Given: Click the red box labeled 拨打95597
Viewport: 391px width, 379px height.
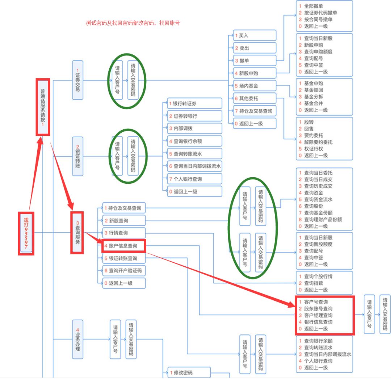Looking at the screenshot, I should pyautogui.click(x=26, y=233).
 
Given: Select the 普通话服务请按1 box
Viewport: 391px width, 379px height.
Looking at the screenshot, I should pyautogui.click(x=43, y=107).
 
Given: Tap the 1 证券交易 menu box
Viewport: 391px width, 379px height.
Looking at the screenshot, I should pyautogui.click(x=77, y=80).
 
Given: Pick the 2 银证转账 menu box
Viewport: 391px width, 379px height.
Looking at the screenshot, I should pyautogui.click(x=77, y=157).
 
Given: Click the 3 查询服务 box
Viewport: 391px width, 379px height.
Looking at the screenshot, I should pyautogui.click(x=77, y=232).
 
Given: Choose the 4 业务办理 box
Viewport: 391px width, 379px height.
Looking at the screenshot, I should pyautogui.click(x=77, y=339).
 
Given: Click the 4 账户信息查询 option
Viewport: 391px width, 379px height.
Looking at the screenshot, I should pyautogui.click(x=124, y=246).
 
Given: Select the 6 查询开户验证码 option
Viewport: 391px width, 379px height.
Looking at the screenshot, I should pyautogui.click(x=124, y=271).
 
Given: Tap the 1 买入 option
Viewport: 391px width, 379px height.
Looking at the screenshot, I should pyautogui.click(x=255, y=36).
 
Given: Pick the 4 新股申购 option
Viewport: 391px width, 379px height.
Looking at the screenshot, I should pyautogui.click(x=255, y=73).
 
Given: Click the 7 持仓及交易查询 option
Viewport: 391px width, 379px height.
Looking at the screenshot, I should pyautogui.click(x=255, y=111).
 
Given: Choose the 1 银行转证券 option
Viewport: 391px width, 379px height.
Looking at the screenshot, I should pyautogui.click(x=195, y=104).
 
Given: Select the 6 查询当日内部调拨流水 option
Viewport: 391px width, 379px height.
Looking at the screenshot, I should pyautogui.click(x=195, y=166).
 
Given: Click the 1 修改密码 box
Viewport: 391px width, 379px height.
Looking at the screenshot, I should pyautogui.click(x=189, y=372).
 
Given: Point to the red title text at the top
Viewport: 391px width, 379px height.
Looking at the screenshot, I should pyautogui.click(x=133, y=23).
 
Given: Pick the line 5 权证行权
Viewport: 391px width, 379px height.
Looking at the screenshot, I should pyautogui.click(x=313, y=149).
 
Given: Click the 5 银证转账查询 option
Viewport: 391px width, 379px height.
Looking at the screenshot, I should pyautogui.click(x=124, y=258).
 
